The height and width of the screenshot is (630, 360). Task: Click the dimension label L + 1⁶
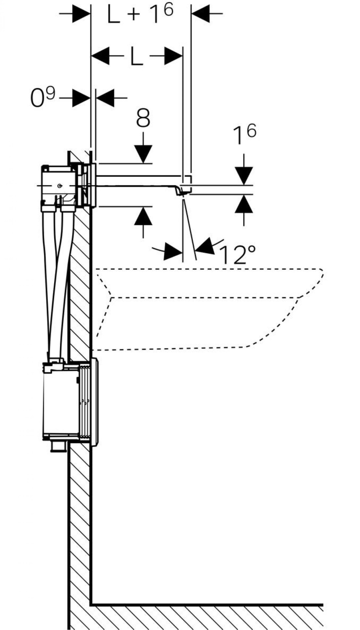(x=140, y=15)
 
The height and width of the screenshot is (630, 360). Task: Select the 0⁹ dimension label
(x=43, y=97)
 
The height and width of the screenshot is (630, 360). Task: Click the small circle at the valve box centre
(x=60, y=186)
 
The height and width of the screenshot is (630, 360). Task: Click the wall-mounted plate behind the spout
(x=95, y=185)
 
